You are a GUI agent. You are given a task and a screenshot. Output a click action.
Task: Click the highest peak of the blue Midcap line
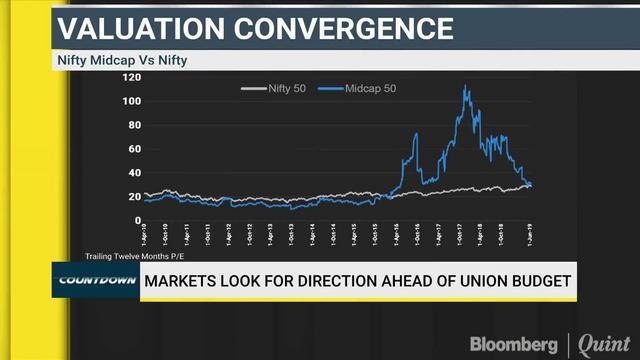[465, 87]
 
